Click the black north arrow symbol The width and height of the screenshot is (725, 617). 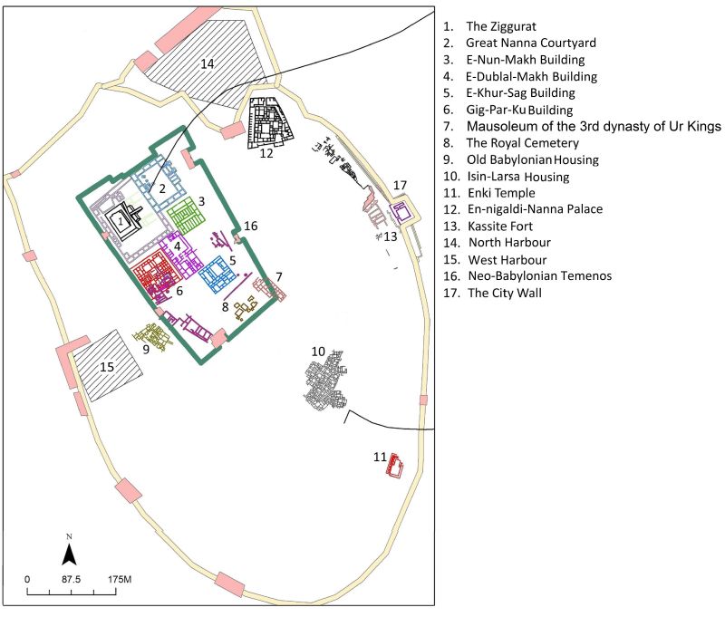click(70, 554)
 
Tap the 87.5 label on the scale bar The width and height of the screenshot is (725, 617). click(72, 580)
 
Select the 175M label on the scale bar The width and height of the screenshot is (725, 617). click(120, 580)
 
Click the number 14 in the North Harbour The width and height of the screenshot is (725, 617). click(208, 63)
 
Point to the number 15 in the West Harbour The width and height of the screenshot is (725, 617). click(107, 367)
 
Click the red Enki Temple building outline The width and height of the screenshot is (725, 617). click(394, 466)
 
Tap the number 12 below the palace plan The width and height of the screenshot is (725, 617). click(266, 153)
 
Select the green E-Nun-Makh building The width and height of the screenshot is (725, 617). click(186, 215)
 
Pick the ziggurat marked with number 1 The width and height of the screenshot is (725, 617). click(121, 222)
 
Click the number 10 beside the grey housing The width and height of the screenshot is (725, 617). click(318, 352)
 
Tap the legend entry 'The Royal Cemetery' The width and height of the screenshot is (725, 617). click(523, 143)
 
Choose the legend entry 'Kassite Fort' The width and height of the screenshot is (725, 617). click(500, 226)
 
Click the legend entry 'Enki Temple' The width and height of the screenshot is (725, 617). click(502, 193)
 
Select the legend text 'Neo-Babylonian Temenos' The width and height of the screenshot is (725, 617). click(540, 276)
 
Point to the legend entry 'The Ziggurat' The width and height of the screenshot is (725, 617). click(501, 26)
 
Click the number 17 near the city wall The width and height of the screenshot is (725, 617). click(400, 186)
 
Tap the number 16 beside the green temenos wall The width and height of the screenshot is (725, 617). click(251, 226)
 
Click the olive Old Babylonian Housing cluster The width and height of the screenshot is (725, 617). click(152, 337)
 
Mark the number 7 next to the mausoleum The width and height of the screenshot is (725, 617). click(279, 277)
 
